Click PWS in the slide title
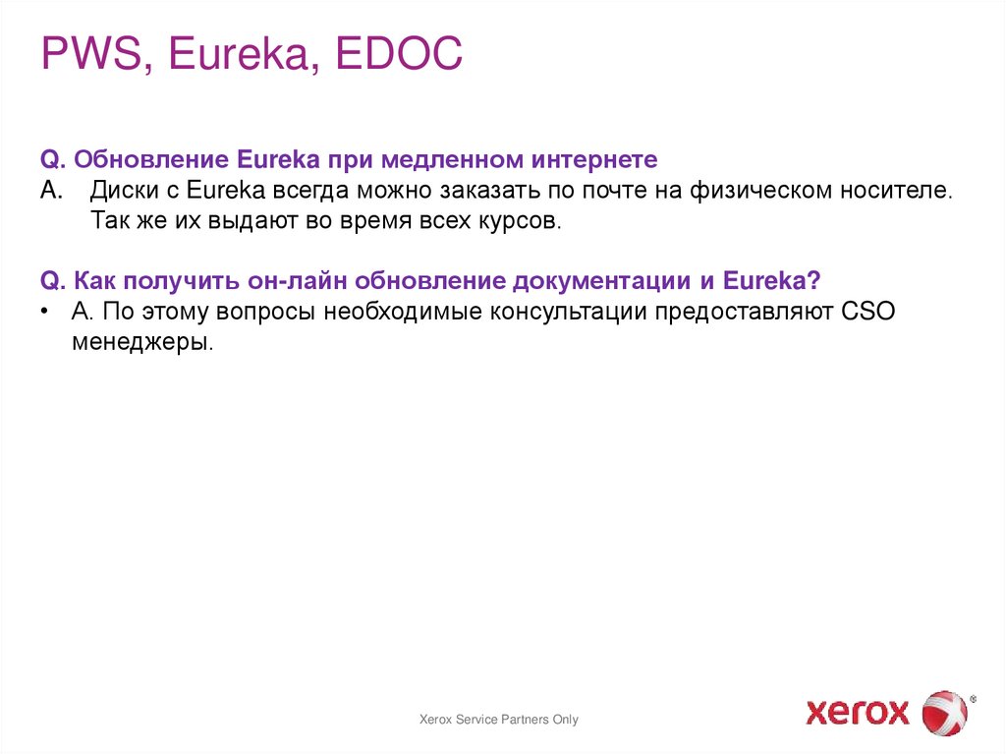[x=90, y=55]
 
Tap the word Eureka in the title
[x=241, y=55]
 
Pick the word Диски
[x=124, y=190]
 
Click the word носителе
[x=891, y=190]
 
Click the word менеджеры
[x=141, y=343]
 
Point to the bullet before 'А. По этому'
[x=45, y=312]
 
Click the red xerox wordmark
[x=858, y=711]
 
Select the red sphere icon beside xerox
[x=944, y=711]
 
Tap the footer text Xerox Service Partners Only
[x=499, y=720]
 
